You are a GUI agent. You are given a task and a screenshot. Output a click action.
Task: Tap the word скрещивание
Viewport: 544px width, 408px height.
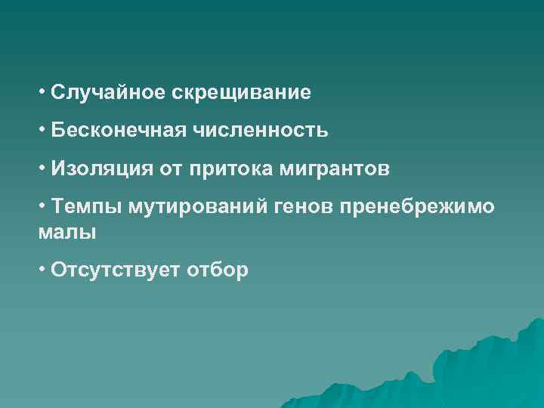(x=241, y=94)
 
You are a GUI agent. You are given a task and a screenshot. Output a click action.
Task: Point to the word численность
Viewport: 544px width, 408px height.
(x=261, y=130)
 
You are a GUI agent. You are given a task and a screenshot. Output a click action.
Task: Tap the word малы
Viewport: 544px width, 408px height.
(x=67, y=232)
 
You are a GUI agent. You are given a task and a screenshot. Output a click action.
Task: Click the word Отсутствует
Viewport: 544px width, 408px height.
(x=113, y=270)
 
